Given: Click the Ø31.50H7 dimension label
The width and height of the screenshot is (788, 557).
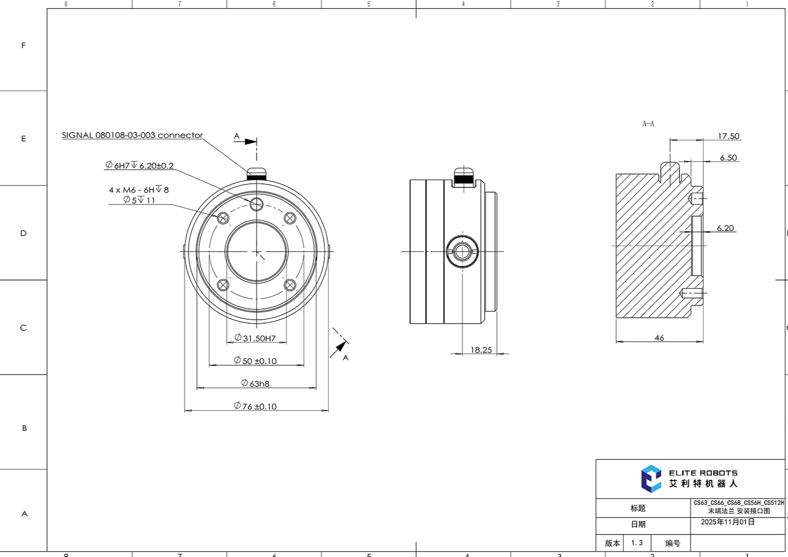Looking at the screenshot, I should point(255,338).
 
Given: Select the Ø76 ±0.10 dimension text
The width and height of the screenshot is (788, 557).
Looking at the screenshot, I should point(255,406).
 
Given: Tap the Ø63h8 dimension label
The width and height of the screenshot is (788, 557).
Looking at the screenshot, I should point(255,383).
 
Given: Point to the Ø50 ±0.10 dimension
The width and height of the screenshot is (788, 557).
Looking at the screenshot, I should point(255,361).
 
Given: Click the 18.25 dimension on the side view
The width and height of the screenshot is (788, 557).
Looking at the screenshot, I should point(481,350).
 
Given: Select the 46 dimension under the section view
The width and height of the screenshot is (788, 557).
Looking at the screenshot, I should point(659,338).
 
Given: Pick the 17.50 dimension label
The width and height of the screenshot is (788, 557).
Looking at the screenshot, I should point(728,136).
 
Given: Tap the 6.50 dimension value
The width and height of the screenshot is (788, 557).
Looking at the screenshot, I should point(728,158).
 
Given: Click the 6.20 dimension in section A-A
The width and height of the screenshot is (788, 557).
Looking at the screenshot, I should point(725,228).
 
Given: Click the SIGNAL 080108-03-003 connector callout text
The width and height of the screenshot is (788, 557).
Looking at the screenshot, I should point(132,135).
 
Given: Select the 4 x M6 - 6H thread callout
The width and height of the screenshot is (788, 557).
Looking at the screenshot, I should point(139,190).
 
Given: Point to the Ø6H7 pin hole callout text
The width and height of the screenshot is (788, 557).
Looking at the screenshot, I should point(139,166).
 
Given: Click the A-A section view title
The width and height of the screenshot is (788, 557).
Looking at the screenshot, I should point(648,124).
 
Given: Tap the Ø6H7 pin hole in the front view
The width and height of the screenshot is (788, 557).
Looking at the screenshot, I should point(256,204).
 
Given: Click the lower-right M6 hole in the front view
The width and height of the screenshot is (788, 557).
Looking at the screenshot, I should point(290,285).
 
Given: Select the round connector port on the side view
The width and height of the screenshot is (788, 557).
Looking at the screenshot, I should point(462,252).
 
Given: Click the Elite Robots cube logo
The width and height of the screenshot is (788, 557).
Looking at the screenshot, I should point(651,479).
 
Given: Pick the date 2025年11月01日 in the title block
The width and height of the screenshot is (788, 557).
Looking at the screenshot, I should point(728,522).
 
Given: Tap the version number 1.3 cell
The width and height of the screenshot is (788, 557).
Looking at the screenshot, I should point(637,543).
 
